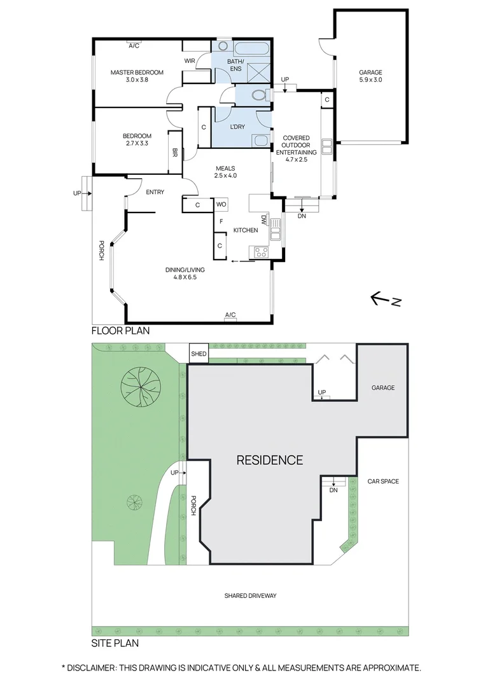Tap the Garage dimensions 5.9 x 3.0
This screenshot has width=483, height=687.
tap(370, 81)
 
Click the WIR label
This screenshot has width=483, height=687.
tap(190, 61)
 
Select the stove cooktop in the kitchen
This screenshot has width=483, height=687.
tap(262, 251)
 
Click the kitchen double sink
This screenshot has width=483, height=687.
tap(276, 230)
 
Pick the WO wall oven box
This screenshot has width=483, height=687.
tap(221, 204)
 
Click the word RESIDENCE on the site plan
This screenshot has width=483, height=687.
tap(269, 460)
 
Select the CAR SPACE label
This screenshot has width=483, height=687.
tap(383, 482)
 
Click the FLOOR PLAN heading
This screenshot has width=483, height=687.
tap(120, 331)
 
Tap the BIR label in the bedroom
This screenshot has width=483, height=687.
tap(174, 153)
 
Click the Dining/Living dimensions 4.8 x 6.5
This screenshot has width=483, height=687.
tap(185, 277)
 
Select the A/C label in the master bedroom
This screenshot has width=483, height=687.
tap(134, 46)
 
